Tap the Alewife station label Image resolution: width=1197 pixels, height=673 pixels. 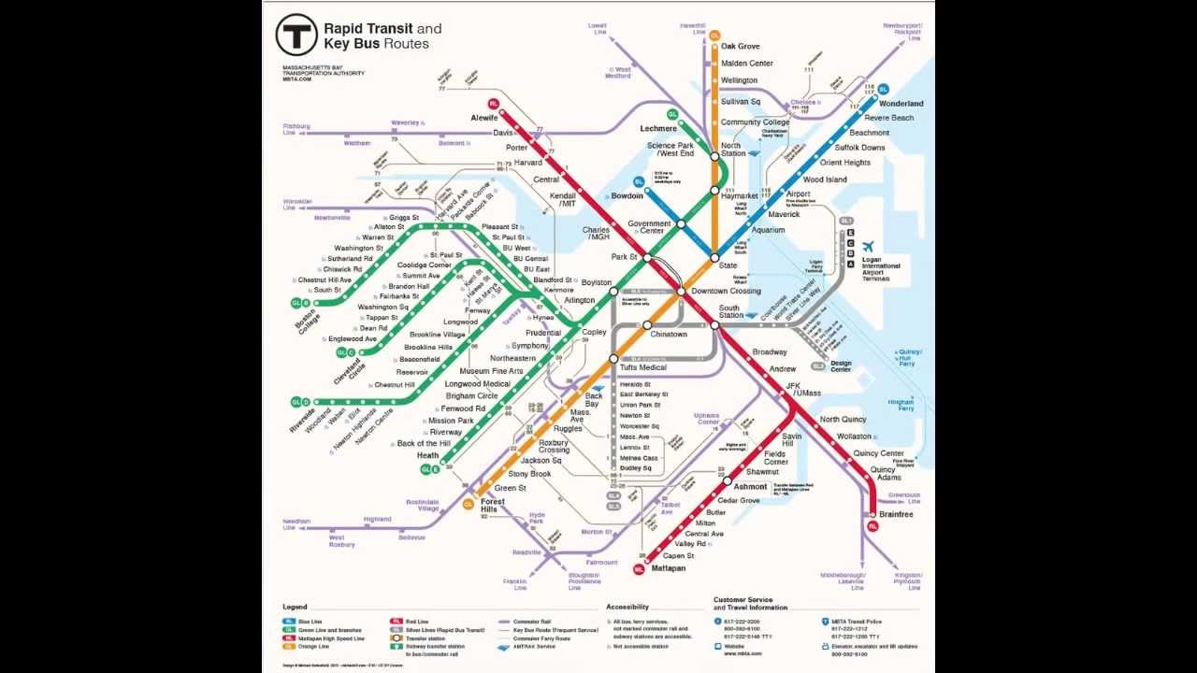[x=483, y=118]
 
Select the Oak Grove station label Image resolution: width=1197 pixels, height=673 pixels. [x=740, y=46]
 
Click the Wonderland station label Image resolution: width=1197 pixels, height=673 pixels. [x=901, y=103]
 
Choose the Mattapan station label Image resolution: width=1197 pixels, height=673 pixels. [x=669, y=567]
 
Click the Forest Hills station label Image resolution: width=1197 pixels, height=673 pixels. [x=493, y=506]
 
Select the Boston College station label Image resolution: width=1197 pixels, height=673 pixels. [x=306, y=321]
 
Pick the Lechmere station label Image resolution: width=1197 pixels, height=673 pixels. [x=658, y=128]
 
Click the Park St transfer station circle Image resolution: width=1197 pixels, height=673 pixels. [x=644, y=256]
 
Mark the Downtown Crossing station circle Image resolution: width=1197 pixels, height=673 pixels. [x=682, y=292]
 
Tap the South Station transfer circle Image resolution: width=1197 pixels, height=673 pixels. [x=714, y=325]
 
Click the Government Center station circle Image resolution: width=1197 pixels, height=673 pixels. [x=682, y=224]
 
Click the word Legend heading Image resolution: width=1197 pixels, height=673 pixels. [x=295, y=608]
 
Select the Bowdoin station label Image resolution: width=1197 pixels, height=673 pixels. [x=627, y=196]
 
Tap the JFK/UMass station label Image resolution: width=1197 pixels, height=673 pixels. [x=802, y=389]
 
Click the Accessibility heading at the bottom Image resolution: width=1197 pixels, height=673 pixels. [x=627, y=608]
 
